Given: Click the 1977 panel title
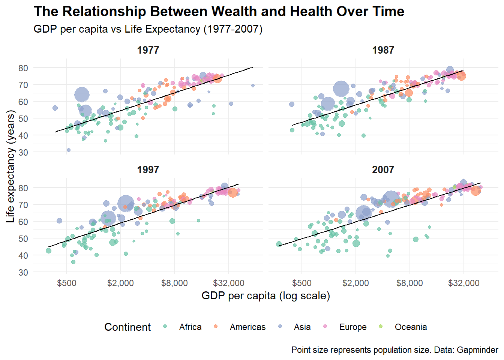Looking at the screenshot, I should point(148,50).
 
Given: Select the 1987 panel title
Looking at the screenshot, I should point(383,50).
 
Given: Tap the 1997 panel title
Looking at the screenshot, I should point(148,170).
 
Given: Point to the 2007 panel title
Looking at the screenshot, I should point(383,170).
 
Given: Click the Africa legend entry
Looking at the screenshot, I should point(190,327).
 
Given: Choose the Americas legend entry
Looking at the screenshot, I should point(247,327).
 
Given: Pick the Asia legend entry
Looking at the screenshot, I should point(302,327).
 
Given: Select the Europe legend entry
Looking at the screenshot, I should point(353,327).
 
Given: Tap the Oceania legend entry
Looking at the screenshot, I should point(411,327).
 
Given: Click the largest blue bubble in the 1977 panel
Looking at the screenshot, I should point(82,94).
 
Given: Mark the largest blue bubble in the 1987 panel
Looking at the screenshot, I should point(341,89).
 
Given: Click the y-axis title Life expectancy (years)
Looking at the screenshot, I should point(10,166).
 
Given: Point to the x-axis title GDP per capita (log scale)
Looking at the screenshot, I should point(265,296).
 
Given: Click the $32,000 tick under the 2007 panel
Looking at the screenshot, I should point(463,283).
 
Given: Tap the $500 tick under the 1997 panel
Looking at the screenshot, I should point(67,283).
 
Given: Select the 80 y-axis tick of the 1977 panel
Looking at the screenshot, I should point(23,68).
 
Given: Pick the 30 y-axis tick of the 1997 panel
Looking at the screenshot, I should point(23,272).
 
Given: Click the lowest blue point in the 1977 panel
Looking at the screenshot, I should point(69,150).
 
